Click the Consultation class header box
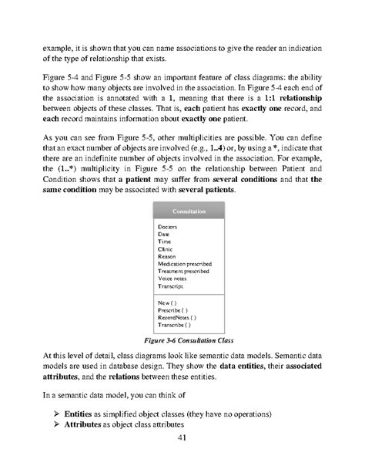click(x=182, y=212)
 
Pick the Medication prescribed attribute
click(x=184, y=264)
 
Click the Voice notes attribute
click(x=172, y=279)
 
